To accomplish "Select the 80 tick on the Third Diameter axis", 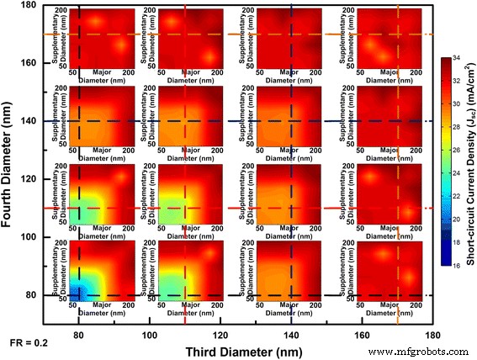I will (78, 335).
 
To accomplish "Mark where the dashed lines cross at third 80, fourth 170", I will (78, 34).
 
